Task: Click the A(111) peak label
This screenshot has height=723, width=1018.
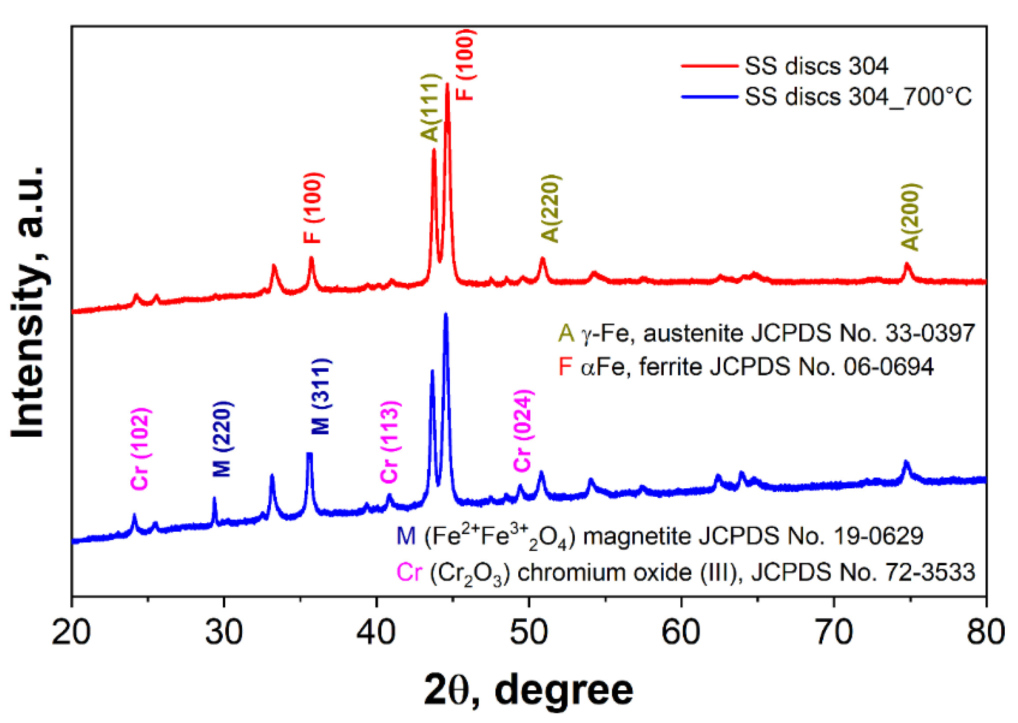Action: coord(430,108)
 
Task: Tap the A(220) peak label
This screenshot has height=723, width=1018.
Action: coord(551,209)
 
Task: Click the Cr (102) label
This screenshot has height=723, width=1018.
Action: coord(140,449)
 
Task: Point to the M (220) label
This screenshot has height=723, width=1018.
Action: coord(222,439)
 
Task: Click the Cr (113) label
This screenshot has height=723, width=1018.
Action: coord(390,441)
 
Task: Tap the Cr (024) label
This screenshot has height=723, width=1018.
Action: coord(523,430)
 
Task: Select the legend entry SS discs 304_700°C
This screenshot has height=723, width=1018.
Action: coord(858,97)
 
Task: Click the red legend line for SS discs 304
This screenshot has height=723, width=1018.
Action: coord(710,66)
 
